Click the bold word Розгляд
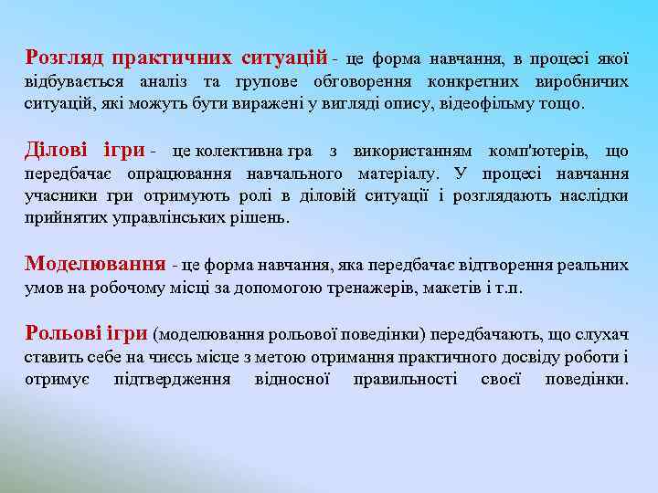tap(64, 58)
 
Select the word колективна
tap(240, 151)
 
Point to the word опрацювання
tap(181, 173)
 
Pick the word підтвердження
tap(172, 379)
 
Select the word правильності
tap(405, 379)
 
